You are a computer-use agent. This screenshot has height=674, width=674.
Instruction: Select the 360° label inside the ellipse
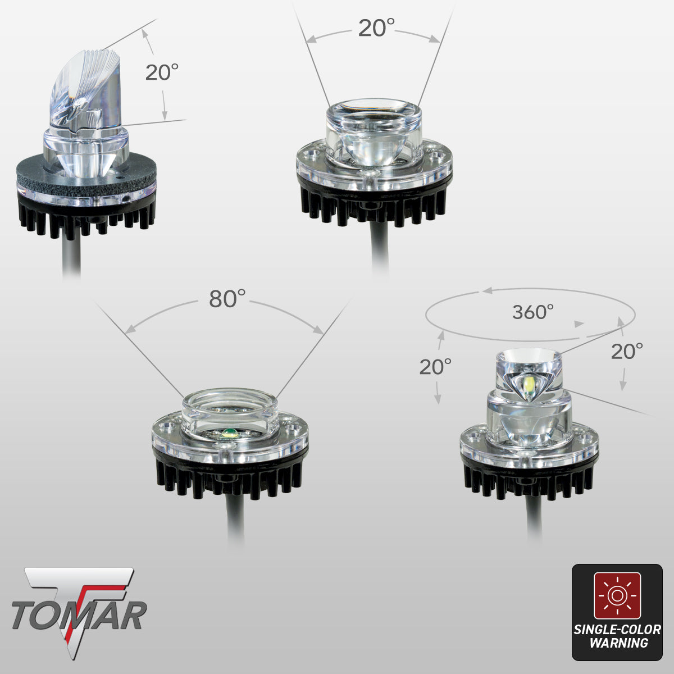(532, 312)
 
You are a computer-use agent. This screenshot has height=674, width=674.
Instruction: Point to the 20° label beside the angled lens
(162, 72)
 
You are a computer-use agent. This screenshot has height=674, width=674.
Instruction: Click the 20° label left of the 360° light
(435, 367)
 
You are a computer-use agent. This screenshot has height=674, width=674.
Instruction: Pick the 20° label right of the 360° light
(627, 352)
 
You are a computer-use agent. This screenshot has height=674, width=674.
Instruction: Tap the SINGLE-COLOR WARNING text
(617, 636)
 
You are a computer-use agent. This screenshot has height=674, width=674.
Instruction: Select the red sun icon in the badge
(617, 595)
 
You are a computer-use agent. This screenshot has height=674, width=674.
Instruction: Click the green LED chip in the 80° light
(229, 432)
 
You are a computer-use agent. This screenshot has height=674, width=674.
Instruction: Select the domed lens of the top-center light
(373, 132)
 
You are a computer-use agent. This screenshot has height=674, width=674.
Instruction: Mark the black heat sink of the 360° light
(528, 480)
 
